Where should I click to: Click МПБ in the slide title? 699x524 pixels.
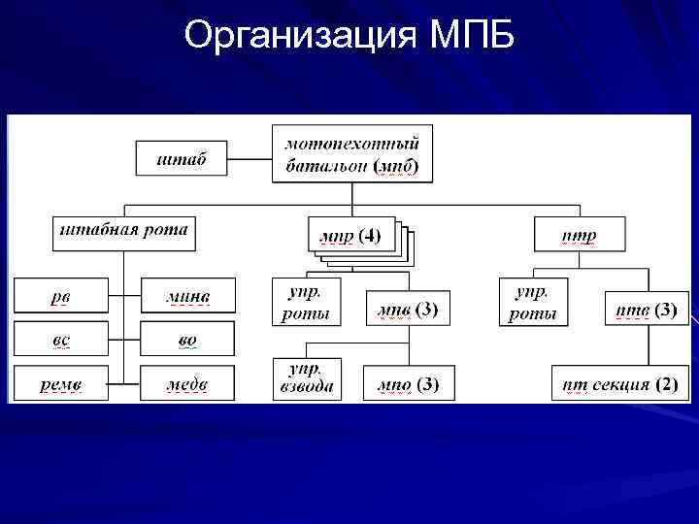coord(470,36)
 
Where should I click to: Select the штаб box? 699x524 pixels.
coord(182,158)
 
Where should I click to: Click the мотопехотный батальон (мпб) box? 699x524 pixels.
coord(351,153)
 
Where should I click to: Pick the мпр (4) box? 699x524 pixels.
coord(350,235)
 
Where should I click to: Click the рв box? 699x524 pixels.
coord(60,296)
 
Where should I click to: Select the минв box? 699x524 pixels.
coord(187,296)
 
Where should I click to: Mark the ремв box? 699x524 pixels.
coord(60,384)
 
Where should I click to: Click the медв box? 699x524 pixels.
coord(187,384)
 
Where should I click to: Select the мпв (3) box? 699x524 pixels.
coord(408,309)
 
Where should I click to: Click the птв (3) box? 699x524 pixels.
coord(647,310)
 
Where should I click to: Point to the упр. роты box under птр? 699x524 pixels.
coord(534,301)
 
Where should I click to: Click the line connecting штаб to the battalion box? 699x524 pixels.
coord(250,158)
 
